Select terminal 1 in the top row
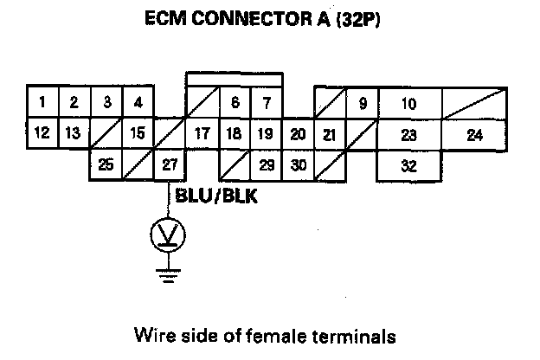coord(42,102)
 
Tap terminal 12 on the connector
coord(42,133)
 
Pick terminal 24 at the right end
coord(474,134)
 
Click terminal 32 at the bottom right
coord(409,165)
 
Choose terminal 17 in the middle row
coord(202,134)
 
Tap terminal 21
coord(329,134)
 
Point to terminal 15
coord(138,133)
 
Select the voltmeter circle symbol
coord(168,233)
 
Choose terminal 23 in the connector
coord(409,134)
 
